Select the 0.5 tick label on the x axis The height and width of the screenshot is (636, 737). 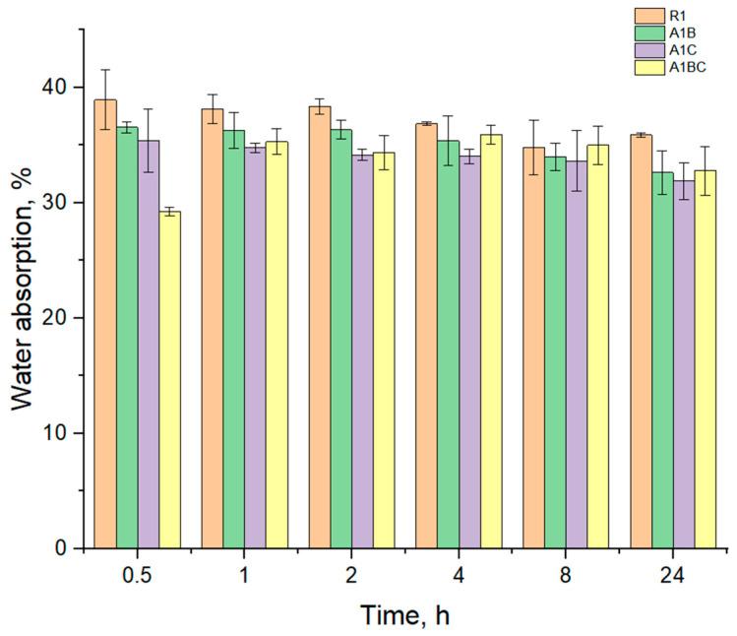(138, 574)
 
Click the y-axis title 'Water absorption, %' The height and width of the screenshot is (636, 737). (24, 315)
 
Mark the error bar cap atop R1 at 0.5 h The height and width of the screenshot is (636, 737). (105, 70)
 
